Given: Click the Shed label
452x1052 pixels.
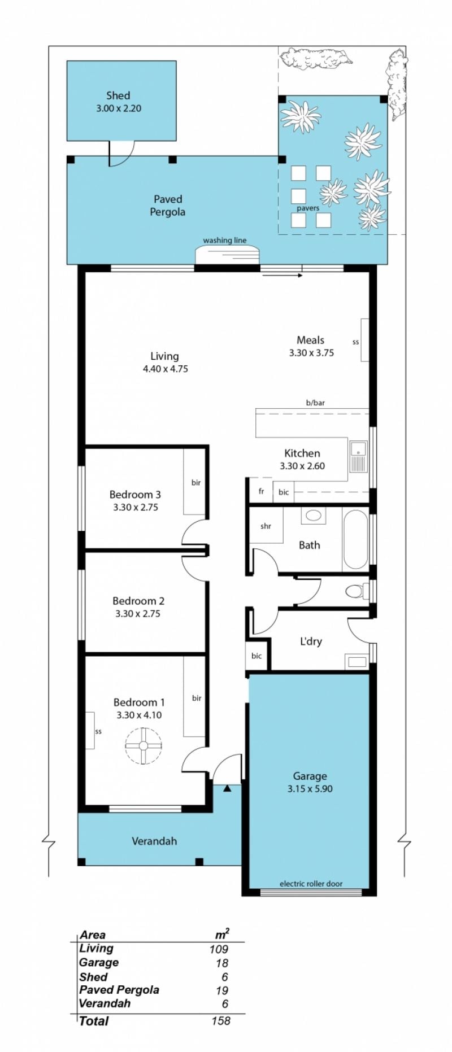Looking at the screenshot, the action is (118, 96).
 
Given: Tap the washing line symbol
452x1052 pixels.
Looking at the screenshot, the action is (227, 254).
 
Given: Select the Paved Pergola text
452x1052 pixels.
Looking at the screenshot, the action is (168, 206).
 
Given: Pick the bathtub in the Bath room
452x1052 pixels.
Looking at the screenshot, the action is (355, 540).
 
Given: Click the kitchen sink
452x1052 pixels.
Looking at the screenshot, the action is (358, 456).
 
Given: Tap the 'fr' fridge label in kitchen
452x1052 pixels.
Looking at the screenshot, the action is (261, 491).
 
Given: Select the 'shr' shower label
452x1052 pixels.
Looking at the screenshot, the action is (266, 526).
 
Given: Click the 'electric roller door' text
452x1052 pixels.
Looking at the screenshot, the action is (311, 884).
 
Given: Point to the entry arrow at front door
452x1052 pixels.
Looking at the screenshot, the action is (227, 788).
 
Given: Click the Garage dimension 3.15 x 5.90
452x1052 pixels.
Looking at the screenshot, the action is (310, 789).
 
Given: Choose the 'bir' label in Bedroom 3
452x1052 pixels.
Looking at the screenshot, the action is (196, 483).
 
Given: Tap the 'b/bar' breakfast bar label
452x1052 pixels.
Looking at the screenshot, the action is (315, 403).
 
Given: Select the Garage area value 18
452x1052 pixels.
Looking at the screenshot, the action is (222, 964).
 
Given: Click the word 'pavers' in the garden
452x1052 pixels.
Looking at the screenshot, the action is (308, 208).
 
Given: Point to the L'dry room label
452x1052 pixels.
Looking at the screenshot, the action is (311, 641).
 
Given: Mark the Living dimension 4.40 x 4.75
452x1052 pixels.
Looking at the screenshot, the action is (166, 369).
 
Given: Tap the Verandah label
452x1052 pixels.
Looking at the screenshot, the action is (154, 841).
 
